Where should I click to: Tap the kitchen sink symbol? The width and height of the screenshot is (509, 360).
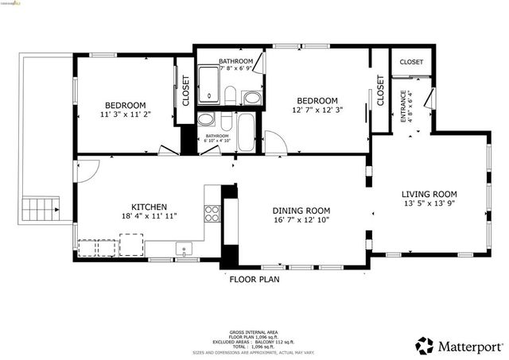[185, 250]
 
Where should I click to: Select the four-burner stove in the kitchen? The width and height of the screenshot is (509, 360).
[212, 212]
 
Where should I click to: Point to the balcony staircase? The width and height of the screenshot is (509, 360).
[38, 210]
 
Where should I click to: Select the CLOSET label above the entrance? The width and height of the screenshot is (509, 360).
[411, 62]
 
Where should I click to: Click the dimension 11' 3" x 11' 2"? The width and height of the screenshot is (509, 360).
[126, 115]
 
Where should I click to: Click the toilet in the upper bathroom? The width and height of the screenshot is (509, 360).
[231, 96]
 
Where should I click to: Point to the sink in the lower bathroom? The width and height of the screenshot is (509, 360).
[205, 121]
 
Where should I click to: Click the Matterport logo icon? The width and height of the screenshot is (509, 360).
[424, 346]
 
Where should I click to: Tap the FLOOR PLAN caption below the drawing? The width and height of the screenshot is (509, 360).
[254, 279]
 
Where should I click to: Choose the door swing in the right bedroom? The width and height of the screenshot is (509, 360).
[276, 143]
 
